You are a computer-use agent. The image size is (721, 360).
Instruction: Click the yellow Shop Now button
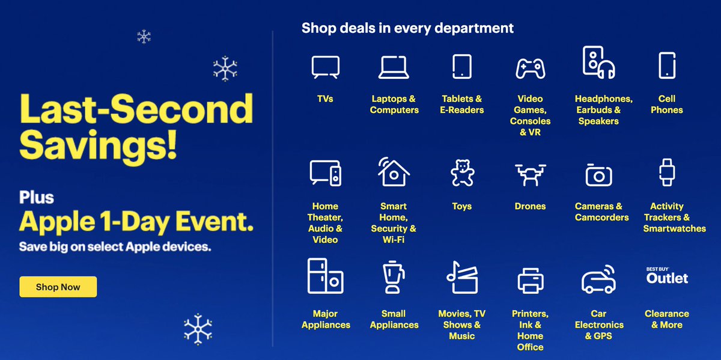(58, 287)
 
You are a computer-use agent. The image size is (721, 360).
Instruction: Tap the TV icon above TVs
(325, 67)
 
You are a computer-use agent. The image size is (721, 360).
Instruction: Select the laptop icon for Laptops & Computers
(394, 67)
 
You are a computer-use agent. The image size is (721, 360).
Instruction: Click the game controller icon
(530, 67)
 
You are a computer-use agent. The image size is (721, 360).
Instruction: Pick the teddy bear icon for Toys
(461, 174)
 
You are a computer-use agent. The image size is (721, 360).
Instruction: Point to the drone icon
(530, 174)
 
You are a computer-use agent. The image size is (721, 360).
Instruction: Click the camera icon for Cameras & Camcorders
(598, 174)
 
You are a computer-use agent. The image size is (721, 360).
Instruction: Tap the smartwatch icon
(666, 173)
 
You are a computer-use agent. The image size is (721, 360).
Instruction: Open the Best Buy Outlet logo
(666, 276)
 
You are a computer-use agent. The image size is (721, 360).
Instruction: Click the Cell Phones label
(666, 104)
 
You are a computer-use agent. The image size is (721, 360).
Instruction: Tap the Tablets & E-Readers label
(461, 104)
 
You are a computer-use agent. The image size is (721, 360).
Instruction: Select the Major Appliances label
(325, 319)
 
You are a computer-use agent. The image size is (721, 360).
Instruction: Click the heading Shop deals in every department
(407, 28)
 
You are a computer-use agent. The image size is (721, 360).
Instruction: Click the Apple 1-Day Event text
(136, 222)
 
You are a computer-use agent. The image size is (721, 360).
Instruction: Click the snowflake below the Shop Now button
(198, 329)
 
